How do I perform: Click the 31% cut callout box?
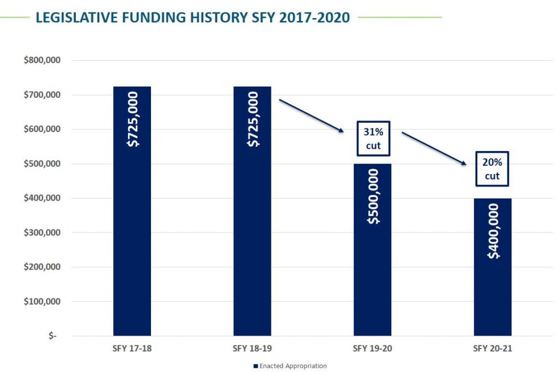(373, 138)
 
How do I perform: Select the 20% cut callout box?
(492, 169)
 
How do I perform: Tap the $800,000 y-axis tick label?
(41, 61)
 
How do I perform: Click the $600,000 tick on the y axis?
(41, 129)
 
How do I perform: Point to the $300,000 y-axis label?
(41, 233)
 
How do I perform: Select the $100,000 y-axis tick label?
(41, 302)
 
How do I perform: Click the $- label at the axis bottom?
(52, 336)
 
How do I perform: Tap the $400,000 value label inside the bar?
(493, 231)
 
